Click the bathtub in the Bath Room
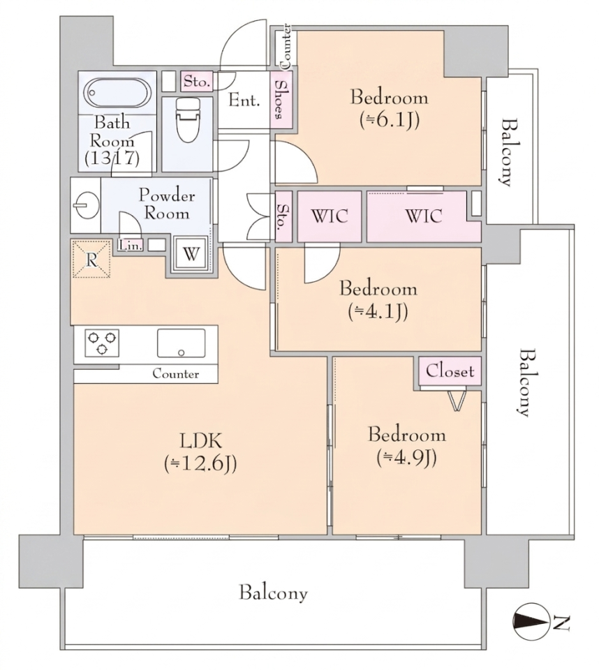(x=117, y=93)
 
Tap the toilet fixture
(x=188, y=120)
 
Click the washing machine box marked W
(x=191, y=254)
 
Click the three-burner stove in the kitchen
(x=102, y=343)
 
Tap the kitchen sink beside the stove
(x=181, y=343)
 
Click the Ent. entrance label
(x=244, y=100)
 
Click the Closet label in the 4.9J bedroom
(x=450, y=371)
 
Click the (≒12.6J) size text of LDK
(x=200, y=463)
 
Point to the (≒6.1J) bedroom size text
(x=389, y=120)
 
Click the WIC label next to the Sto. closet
(x=330, y=216)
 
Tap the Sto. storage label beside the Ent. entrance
(x=196, y=81)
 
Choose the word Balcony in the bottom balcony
(x=273, y=593)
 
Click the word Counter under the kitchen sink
(x=176, y=374)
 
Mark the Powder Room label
(x=167, y=204)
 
